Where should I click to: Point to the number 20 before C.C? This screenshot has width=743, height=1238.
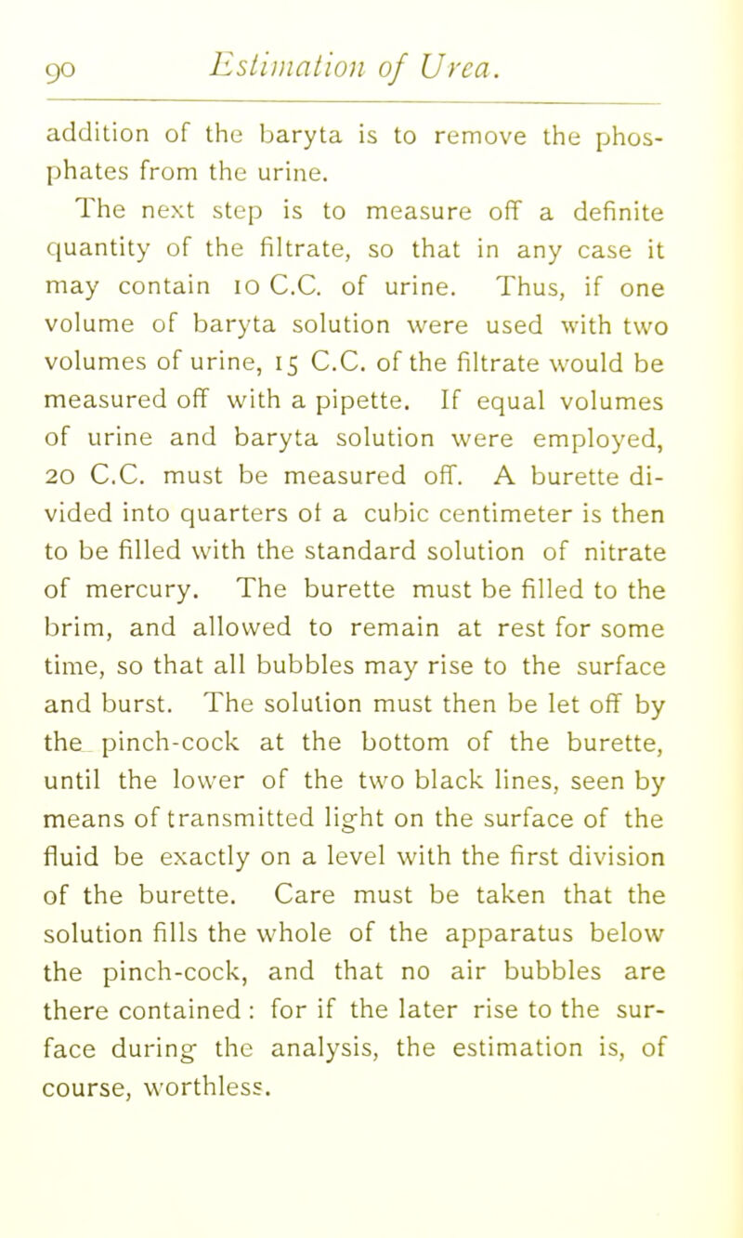(x=63, y=509)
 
